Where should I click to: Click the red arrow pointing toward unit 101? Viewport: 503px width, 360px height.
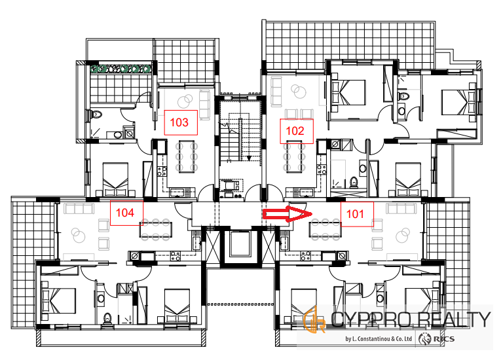pos(288,214)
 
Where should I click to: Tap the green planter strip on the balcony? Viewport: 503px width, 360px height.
pos(121,69)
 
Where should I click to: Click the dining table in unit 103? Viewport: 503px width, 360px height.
pos(187,156)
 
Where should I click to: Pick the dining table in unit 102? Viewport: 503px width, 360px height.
pos(294,157)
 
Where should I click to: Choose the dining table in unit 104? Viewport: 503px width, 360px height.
pos(156,230)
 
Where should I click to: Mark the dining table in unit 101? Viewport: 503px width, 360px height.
pos(325,230)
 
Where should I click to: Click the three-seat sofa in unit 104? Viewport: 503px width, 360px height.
pos(79,209)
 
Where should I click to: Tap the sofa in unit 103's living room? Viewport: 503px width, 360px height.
pos(204,105)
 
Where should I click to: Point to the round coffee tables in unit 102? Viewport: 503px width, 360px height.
pos(299,91)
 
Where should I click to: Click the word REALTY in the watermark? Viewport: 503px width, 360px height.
pos(455,319)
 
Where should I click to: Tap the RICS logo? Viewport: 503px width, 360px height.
pos(437,339)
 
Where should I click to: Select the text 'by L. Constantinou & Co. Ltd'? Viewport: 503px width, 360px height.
pos(379,338)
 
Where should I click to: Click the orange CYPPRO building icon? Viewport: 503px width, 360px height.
pos(314,319)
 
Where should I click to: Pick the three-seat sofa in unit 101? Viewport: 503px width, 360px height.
pos(401,209)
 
